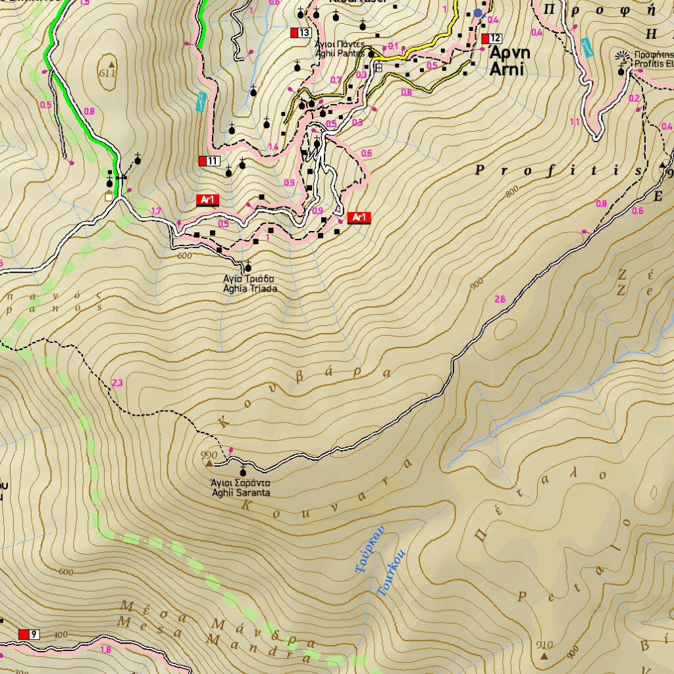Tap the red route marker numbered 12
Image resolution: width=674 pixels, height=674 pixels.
(x=492, y=38)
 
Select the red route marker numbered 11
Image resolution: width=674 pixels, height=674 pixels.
(x=209, y=161)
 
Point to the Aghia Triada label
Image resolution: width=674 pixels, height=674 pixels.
(x=249, y=284)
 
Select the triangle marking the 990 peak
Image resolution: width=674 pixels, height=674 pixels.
(x=210, y=464)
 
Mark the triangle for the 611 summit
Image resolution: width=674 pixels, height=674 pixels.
(x=111, y=65)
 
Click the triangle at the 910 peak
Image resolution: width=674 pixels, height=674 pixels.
(x=544, y=656)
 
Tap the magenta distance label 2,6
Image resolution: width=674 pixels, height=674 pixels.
(x=500, y=299)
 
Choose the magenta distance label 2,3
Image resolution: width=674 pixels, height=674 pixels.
(x=118, y=382)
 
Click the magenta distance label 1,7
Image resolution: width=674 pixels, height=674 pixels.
(x=156, y=211)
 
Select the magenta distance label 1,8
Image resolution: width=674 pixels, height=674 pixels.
(x=105, y=650)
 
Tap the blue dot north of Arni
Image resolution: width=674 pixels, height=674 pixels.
(x=478, y=13)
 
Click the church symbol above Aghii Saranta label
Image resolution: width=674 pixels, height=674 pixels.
(x=244, y=471)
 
